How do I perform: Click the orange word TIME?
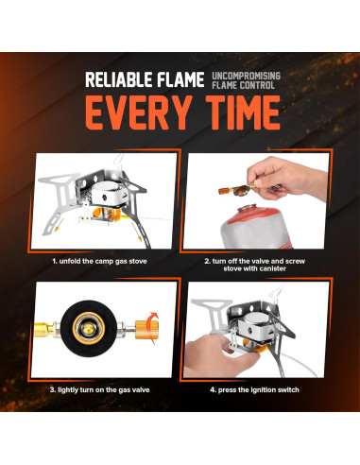pos(243,112)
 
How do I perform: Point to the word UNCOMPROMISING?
pos(246,76)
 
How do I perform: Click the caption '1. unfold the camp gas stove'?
pos(99,261)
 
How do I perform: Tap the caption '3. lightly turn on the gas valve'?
pos(99,389)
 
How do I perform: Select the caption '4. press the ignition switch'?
pos(254,389)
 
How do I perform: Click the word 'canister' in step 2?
pos(271,268)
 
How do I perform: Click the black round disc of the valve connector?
pos(89,329)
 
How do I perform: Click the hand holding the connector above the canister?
pos(283,179)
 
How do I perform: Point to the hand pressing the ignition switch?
pos(219,356)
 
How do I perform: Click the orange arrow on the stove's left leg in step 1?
pos(58,225)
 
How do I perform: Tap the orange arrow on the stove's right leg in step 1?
pos(136,233)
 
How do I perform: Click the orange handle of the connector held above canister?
pos(224,190)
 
